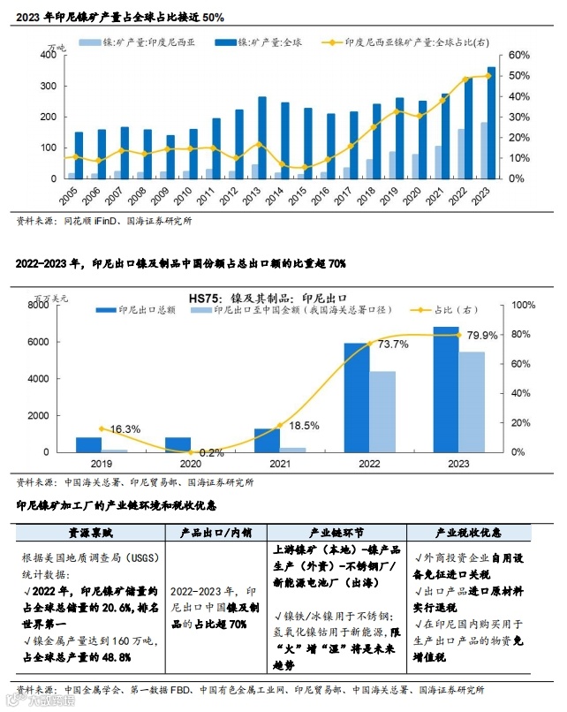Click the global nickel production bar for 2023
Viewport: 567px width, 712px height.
coord(492,123)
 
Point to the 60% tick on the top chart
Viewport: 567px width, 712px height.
coord(519,55)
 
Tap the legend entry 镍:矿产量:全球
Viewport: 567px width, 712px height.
coord(265,42)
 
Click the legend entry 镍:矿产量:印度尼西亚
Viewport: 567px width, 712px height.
coord(140,42)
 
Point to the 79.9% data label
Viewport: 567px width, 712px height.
coord(482,335)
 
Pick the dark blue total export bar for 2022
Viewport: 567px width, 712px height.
coord(357,398)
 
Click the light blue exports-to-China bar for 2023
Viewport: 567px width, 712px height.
coord(472,402)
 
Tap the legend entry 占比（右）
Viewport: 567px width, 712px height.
coord(455,310)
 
